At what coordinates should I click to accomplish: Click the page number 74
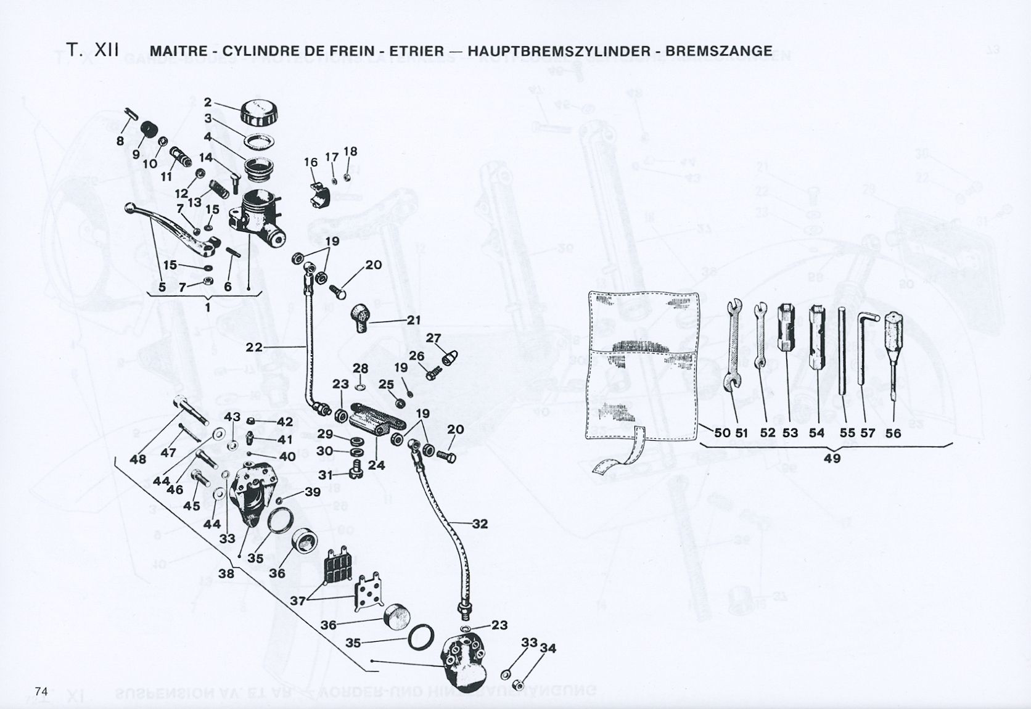42,691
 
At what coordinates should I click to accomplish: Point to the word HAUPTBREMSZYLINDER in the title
559,51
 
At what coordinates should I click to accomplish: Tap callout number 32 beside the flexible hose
480,524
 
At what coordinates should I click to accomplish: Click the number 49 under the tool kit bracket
832,458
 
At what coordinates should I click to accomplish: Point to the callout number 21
413,321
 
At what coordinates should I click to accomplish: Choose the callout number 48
138,459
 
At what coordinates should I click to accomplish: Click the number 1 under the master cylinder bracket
208,307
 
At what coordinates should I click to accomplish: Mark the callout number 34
548,649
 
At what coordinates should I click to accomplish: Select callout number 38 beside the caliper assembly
227,573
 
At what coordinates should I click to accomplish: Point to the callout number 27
433,338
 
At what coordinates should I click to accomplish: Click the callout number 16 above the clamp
311,162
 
